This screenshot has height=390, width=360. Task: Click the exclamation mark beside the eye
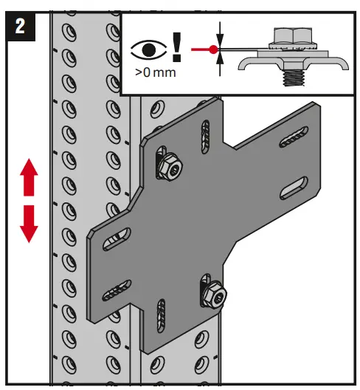coord(176,46)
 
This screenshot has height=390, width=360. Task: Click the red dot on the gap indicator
coord(214,50)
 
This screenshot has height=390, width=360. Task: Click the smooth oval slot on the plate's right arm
coord(293,188)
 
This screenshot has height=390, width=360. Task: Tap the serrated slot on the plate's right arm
coord(293,136)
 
